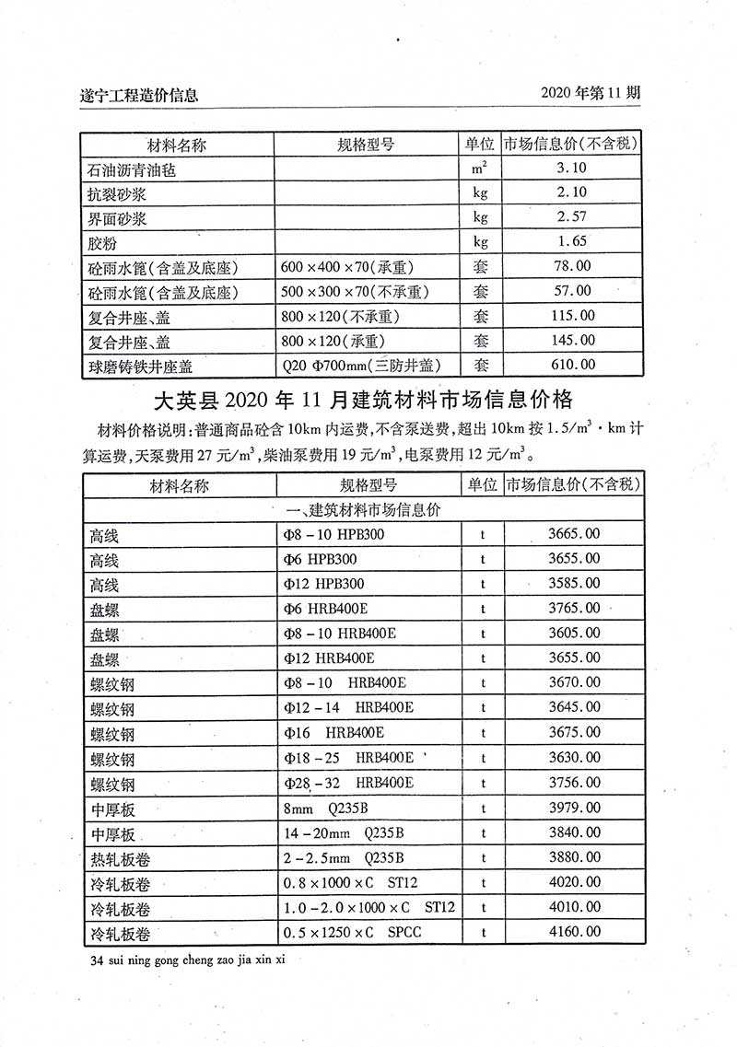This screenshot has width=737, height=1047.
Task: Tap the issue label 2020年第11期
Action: tap(591, 93)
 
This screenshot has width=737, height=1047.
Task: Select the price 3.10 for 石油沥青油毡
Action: tap(572, 168)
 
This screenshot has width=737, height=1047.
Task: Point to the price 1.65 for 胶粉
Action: tap(572, 242)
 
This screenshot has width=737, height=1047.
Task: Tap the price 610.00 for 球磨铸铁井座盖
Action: tap(573, 365)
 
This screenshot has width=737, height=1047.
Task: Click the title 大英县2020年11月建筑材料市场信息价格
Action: tap(362, 401)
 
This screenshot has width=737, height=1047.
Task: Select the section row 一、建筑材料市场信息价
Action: tap(364, 509)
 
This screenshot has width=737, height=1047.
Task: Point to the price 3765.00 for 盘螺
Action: tap(573, 609)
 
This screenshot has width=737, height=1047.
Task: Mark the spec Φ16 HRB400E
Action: tap(334, 733)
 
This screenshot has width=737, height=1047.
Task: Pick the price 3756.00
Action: tap(573, 783)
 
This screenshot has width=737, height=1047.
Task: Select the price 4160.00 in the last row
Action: tap(573, 933)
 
